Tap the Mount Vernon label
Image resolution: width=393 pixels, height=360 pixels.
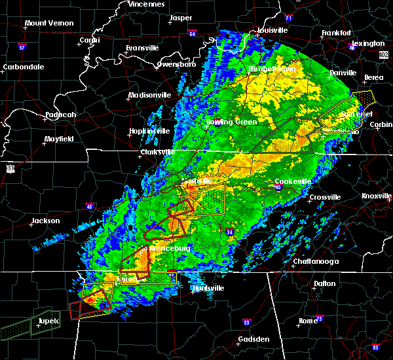pyautogui.click(x=47, y=24)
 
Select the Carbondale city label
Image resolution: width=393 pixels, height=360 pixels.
pyautogui.click(x=23, y=67)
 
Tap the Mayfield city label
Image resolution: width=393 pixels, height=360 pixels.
pyautogui.click(x=60, y=139)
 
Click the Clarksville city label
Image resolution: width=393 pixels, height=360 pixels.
pyautogui.click(x=157, y=153)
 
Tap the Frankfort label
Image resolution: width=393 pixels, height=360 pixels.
pyautogui.click(x=337, y=33)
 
